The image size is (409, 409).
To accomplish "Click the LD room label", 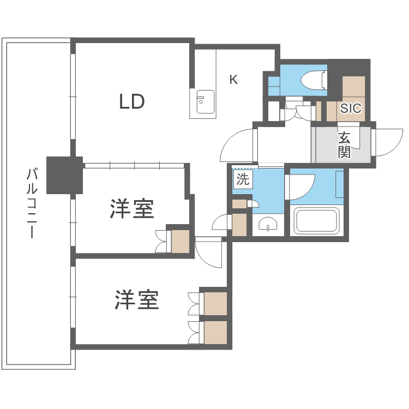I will coord(132,101).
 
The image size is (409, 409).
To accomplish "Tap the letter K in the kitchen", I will coord(233,80).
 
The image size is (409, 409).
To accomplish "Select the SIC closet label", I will coord(350,108).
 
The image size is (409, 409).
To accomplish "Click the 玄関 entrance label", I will coord(344,145).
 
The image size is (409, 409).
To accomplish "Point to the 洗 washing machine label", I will coord(243,179).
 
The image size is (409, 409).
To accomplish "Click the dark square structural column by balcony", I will coord(64,175).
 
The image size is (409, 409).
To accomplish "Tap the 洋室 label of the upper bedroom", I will coord(132,209).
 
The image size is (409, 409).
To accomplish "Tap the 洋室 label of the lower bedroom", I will coord(136,299).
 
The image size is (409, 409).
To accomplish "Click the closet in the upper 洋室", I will coord(180,241).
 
